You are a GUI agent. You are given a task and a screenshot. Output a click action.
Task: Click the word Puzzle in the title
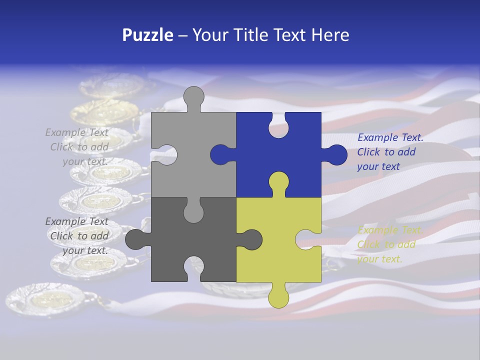(x=147, y=35)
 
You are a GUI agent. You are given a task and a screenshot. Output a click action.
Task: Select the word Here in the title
(x=330, y=35)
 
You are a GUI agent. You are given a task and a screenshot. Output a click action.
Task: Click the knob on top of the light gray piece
(x=193, y=98)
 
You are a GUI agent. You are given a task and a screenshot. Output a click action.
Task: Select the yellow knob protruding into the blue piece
(x=278, y=183)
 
